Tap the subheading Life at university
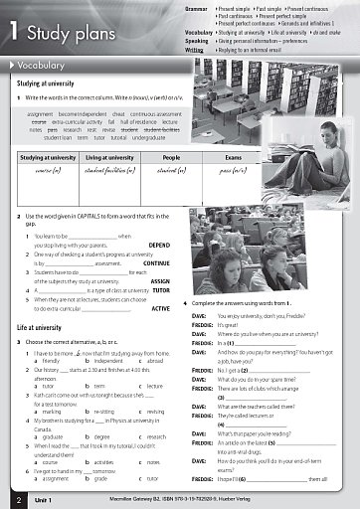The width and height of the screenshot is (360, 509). (40, 326)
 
